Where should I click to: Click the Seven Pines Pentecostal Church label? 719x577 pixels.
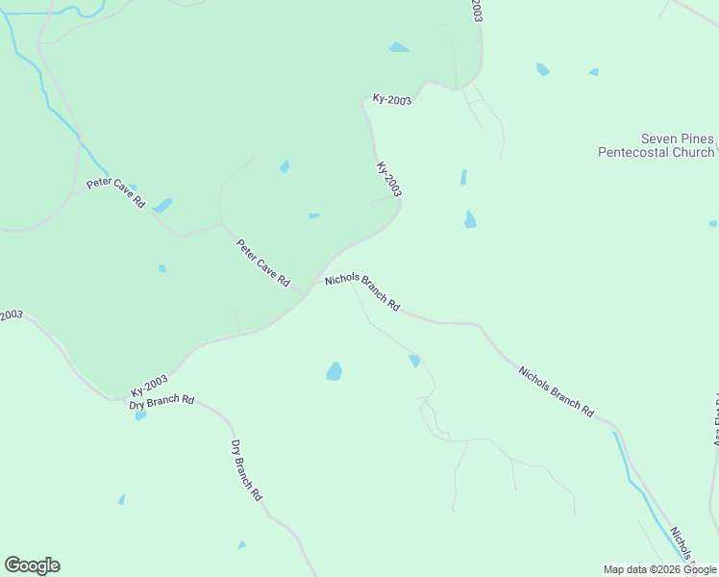click(657, 145)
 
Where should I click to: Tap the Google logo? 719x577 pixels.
click(32, 565)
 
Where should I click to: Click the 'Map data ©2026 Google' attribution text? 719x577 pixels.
click(660, 569)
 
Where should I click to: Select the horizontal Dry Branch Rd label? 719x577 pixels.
click(161, 401)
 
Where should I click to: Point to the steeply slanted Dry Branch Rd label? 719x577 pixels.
click(246, 470)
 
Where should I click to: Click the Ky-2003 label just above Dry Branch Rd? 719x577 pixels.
click(149, 386)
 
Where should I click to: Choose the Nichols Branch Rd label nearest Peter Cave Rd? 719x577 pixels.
click(361, 291)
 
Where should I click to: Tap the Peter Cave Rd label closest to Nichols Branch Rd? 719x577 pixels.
click(263, 263)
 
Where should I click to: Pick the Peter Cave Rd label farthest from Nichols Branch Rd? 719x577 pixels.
click(114, 193)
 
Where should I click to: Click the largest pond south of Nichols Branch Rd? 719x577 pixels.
click(334, 371)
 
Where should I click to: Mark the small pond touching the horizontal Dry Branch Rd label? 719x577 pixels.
click(140, 415)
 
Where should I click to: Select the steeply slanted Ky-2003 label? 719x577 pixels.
click(388, 180)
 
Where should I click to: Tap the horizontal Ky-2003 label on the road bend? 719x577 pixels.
click(391, 99)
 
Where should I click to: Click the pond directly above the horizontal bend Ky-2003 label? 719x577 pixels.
click(398, 47)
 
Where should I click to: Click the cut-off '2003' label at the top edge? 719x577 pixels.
click(475, 11)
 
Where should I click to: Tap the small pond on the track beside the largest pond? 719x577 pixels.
click(414, 361)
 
